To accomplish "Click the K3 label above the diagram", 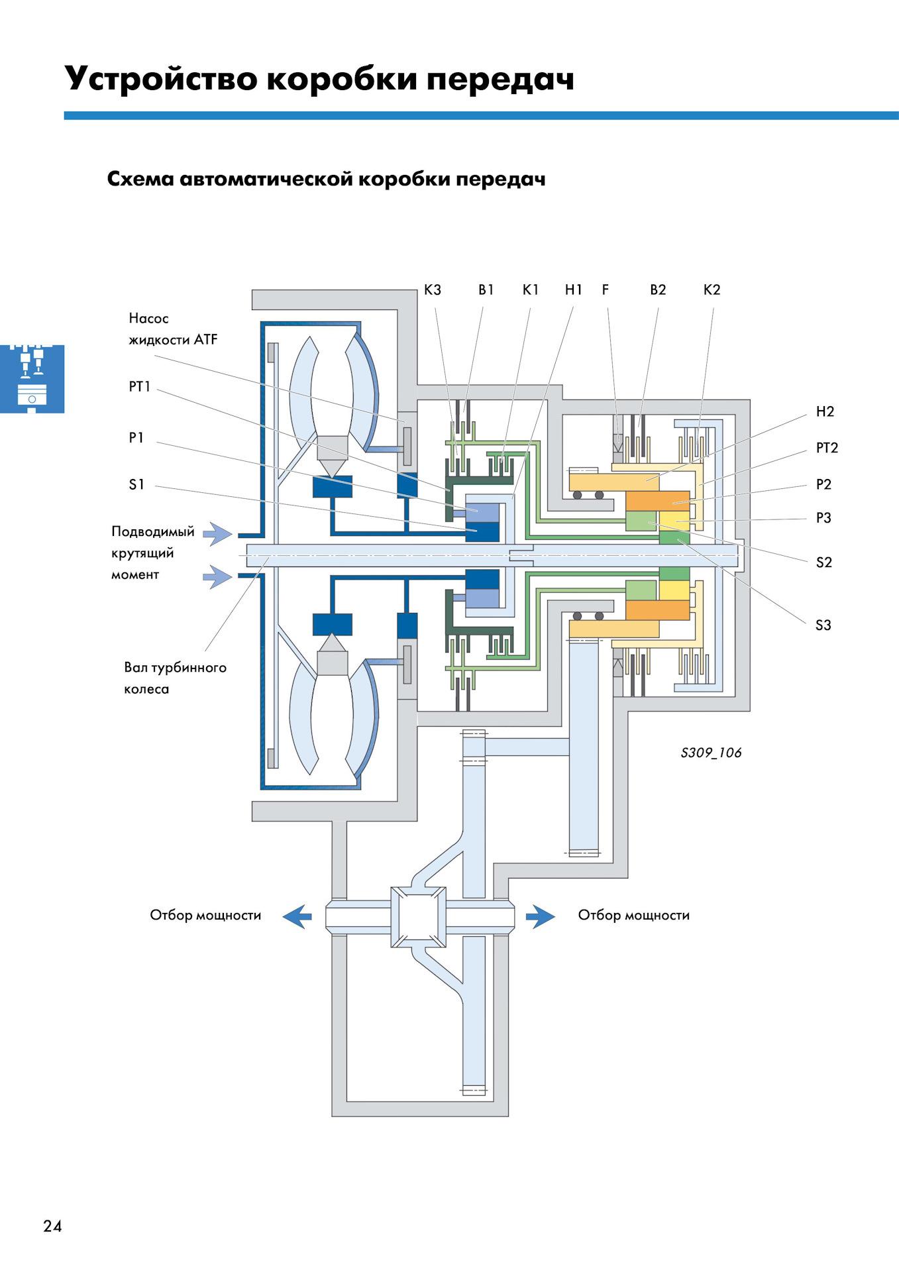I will tap(432, 290).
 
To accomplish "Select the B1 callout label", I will tap(486, 290).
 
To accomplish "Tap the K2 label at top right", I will tap(712, 290).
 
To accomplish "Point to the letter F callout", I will tap(605, 290).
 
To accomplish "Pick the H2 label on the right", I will tap(825, 411).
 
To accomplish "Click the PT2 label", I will tap(827, 448).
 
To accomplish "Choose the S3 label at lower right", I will tap(823, 625).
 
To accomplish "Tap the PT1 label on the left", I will tap(140, 387).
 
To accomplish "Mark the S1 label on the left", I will tap(136, 484).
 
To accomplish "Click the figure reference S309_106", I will tap(711, 753).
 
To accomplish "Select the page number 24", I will tap(52, 1226).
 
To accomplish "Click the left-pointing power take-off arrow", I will tap(297, 916).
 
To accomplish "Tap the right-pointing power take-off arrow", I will tap(541, 916).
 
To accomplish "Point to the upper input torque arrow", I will tap(217, 533).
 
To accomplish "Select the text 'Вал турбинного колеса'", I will tap(175, 678).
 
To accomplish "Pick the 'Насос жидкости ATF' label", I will tap(172, 329).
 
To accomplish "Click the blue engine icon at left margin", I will tap(32, 378).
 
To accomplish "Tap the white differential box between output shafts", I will tap(418, 917).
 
